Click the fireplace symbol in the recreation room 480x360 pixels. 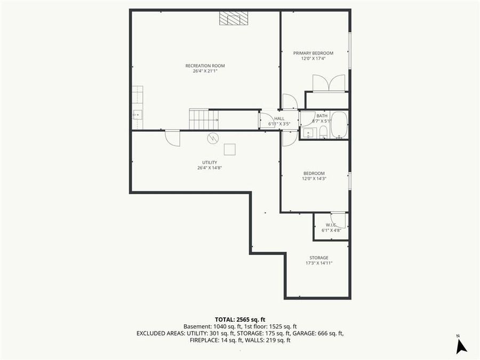(234, 19)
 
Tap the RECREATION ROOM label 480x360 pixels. (205, 66)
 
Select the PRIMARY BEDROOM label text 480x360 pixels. (313, 53)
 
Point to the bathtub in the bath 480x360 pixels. (339, 125)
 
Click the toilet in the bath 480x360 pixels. (323, 132)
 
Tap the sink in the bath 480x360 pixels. (308, 132)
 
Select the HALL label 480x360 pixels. (279, 118)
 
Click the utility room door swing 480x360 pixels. (172, 138)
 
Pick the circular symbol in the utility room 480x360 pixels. (213, 138)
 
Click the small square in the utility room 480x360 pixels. (230, 149)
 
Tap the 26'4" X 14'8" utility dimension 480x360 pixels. (209, 168)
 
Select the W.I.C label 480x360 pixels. (331, 225)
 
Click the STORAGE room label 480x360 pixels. (319, 258)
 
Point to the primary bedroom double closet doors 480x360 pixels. (329, 83)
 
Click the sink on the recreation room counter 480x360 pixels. (138, 114)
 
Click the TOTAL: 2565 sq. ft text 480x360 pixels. (239, 318)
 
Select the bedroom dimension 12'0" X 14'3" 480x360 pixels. (314, 179)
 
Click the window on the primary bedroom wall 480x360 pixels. (350, 51)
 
